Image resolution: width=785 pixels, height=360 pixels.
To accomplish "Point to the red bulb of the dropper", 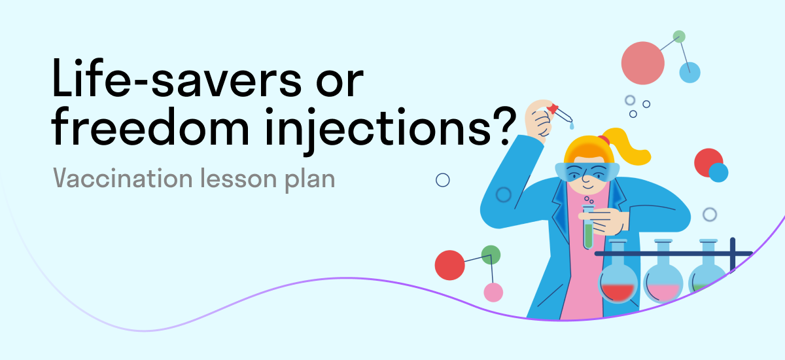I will [553, 108].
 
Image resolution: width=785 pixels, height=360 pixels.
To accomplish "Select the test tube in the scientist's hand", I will [587, 225].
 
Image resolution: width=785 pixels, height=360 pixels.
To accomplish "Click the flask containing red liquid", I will [618, 279].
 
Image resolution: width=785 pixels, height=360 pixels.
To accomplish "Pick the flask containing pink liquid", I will [663, 279].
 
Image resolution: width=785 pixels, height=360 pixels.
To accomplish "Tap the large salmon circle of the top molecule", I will [643, 63].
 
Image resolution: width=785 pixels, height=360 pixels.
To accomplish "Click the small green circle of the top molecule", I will [679, 37].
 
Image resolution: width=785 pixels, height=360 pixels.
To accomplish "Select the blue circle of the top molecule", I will [689, 72].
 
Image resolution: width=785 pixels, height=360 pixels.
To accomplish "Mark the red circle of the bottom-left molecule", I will [449, 265].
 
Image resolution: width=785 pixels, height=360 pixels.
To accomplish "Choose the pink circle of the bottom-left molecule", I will [493, 292].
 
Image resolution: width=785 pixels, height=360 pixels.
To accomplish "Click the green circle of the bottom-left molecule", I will [491, 255].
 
